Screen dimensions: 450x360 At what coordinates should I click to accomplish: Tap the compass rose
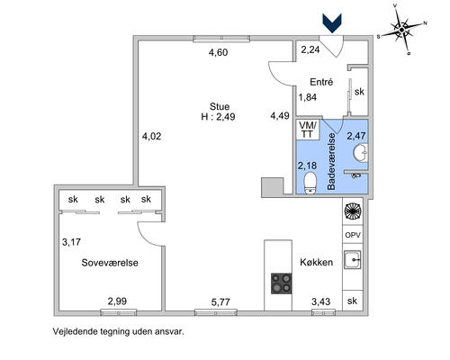[402, 30]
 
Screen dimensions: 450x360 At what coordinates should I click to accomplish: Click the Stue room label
[220, 106]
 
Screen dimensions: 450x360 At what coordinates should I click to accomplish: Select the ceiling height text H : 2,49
[218, 117]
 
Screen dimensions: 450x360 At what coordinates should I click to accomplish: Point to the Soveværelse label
[110, 263]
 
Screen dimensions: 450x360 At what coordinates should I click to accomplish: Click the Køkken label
[317, 262]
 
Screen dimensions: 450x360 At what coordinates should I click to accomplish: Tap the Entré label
[321, 82]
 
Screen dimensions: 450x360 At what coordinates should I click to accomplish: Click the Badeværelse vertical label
[331, 161]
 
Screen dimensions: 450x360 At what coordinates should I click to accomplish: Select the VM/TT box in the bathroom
[308, 130]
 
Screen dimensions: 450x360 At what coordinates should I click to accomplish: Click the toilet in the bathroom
[310, 183]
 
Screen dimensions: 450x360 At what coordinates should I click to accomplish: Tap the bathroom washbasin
[361, 153]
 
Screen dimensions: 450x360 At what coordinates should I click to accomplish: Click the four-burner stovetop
[282, 283]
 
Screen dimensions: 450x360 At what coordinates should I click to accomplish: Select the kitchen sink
[353, 259]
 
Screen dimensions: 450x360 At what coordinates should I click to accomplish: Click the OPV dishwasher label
[353, 235]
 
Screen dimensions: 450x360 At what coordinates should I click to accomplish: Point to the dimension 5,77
[220, 302]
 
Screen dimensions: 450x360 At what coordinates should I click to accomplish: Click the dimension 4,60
[219, 52]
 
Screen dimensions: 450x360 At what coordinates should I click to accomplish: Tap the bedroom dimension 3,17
[71, 242]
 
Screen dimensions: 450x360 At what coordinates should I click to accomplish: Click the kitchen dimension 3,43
[320, 301]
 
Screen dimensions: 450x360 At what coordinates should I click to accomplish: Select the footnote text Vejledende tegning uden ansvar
[119, 331]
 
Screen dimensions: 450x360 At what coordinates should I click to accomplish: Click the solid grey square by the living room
[273, 187]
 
